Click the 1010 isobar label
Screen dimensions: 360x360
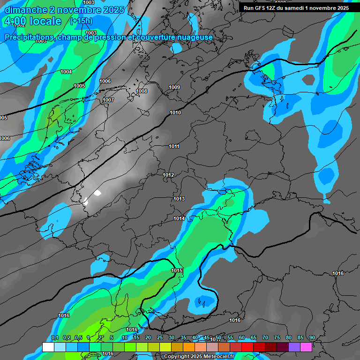click(x=175, y=112)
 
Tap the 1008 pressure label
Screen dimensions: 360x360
click(x=142, y=91)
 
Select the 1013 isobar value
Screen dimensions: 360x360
click(x=179, y=199)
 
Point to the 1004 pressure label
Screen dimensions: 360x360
click(x=66, y=72)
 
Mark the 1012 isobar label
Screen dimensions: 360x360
click(x=169, y=175)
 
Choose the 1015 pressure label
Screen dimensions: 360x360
click(x=177, y=270)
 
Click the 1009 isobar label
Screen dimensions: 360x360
click(x=174, y=87)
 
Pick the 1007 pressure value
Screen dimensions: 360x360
click(x=108, y=100)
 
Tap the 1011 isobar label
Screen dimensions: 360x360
click(x=174, y=146)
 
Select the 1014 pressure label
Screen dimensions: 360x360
click(x=179, y=218)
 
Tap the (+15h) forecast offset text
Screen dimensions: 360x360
click(x=81, y=21)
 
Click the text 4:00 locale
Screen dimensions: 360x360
click(x=32, y=21)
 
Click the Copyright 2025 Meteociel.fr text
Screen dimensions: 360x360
click(x=199, y=356)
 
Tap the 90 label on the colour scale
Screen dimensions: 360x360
click(x=312, y=337)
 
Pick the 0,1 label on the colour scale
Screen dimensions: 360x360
click(x=54, y=337)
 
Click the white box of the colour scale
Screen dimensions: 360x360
click(x=48, y=347)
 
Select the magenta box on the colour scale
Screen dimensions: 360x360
click(x=306, y=347)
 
